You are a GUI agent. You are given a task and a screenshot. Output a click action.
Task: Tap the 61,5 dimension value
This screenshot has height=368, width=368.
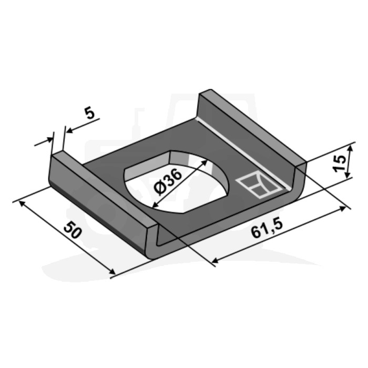click(x=267, y=228)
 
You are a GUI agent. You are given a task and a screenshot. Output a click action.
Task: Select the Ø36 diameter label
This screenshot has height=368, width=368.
click(x=167, y=182)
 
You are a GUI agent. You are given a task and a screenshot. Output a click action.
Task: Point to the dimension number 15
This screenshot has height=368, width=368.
click(x=340, y=163)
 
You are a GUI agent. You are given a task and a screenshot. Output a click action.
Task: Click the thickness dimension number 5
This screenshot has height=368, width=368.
click(x=89, y=113)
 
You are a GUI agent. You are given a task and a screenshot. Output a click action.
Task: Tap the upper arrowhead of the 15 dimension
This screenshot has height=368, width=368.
click(x=350, y=149)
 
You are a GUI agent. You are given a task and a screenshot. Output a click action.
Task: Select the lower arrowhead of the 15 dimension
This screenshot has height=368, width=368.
click(x=348, y=175)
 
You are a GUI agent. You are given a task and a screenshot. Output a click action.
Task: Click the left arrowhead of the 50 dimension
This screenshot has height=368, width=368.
click(x=22, y=203)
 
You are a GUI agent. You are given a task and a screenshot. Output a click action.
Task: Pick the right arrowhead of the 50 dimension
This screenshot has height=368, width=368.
click(x=112, y=272)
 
